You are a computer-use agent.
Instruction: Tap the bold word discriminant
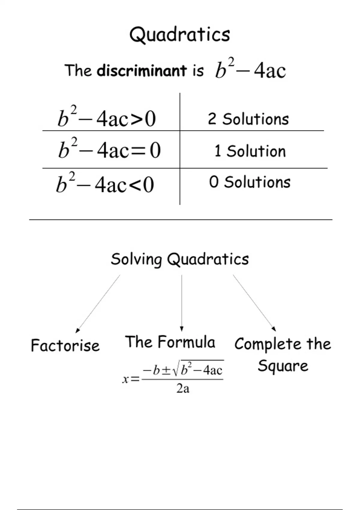coord(142,70)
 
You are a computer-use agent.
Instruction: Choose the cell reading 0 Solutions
coord(250,182)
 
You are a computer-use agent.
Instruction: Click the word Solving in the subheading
coord(136,259)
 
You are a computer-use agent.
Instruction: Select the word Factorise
coord(65,345)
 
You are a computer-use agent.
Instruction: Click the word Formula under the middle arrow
coord(187,342)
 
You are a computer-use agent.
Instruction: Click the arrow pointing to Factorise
coord(98,304)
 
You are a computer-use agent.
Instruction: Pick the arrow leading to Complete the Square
coord(254,303)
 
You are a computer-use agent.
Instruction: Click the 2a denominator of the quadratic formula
coord(183,388)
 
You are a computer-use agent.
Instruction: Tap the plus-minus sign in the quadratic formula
coord(166,371)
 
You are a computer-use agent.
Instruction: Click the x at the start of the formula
coord(125,379)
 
